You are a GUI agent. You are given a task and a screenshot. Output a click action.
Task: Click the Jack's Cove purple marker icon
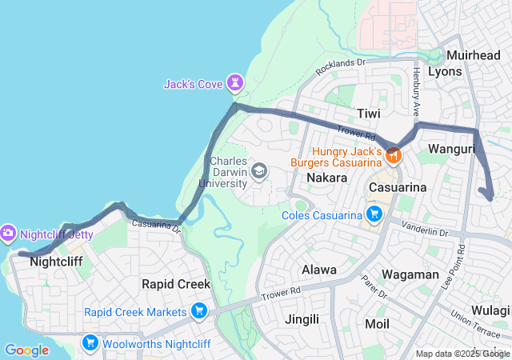coord(234,82)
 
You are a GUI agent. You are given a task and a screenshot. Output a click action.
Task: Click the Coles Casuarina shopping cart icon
coord(374,214)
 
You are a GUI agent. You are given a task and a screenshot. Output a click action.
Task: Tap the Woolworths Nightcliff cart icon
coord(90,343)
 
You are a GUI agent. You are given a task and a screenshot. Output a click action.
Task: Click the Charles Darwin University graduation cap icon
coord(258,170)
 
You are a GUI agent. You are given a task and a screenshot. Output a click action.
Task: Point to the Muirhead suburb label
coord(473,55)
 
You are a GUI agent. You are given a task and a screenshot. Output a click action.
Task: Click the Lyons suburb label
coord(445,71)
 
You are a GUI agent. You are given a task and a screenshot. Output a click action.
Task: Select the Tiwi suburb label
coord(369,114)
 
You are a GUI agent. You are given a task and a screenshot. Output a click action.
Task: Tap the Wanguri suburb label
coord(452,149)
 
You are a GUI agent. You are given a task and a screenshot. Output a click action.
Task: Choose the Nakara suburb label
coord(326,177)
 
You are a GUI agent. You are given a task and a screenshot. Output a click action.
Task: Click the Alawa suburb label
coord(319,270)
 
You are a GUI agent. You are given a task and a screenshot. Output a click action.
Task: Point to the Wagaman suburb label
coord(410,274)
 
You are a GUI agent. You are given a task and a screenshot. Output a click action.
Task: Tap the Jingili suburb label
coord(303,319)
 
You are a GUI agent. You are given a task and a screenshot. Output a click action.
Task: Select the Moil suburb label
coord(377,324)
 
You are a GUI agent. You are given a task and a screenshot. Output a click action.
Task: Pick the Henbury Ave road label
coord(416,86)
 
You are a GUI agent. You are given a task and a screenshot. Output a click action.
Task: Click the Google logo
coord(26,350)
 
